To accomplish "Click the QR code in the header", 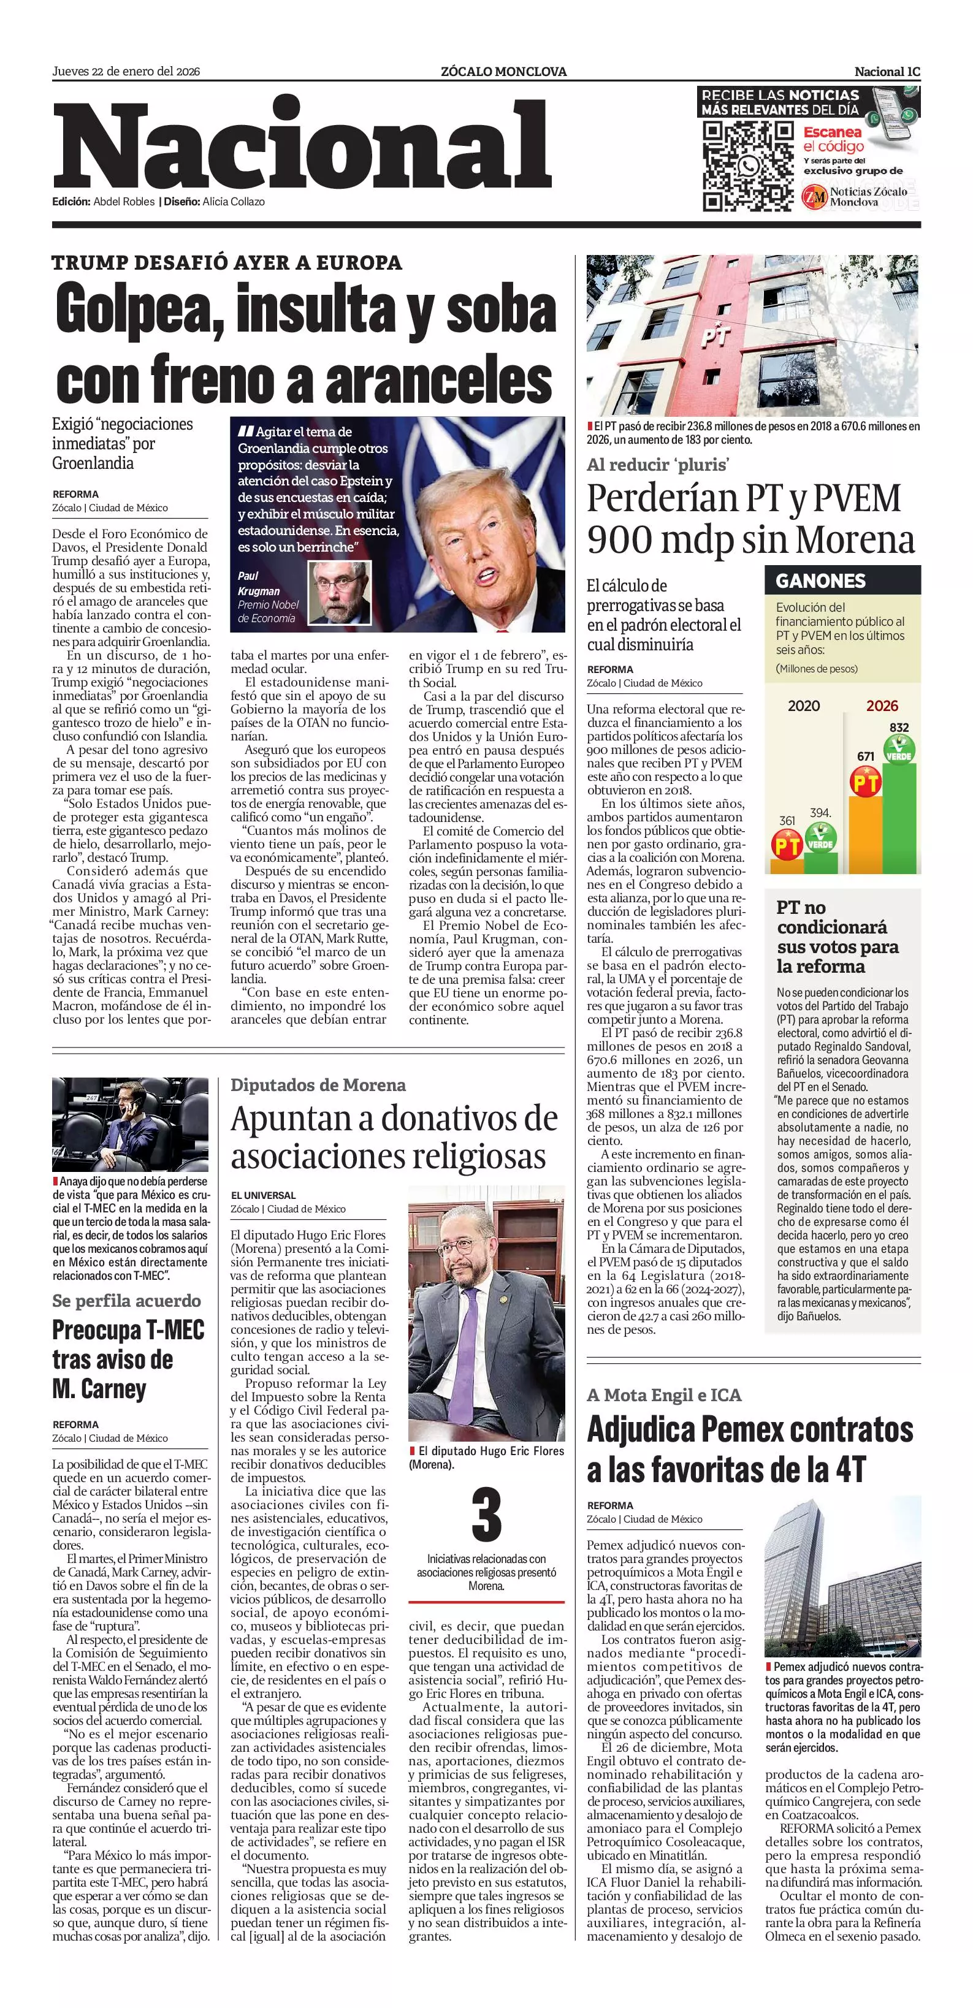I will (x=747, y=166).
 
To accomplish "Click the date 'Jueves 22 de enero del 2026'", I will (x=126, y=72).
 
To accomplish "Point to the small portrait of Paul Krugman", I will (x=338, y=593).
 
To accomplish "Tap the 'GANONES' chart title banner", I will (x=820, y=580).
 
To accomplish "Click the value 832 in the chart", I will (x=898, y=728).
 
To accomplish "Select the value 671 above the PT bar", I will (x=866, y=756).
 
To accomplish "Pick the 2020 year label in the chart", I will (x=803, y=706).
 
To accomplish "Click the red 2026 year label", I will (x=882, y=706).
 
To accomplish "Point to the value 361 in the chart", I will (x=787, y=821).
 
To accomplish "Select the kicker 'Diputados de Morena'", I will (x=318, y=1085).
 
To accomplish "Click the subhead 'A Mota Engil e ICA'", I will (x=663, y=1394).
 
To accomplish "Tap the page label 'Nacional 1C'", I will (x=887, y=72).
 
